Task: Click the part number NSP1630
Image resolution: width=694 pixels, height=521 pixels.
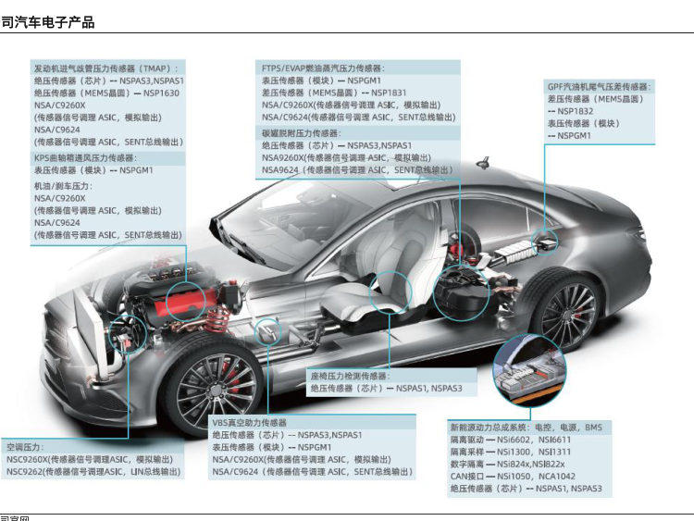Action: point(161,93)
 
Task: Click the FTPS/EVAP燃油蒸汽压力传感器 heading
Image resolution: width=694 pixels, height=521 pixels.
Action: point(322,68)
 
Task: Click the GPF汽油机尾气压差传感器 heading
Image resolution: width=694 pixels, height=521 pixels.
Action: point(599,86)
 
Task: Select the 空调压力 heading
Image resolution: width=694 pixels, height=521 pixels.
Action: point(27,446)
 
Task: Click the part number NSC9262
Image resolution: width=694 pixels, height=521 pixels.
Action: point(27,472)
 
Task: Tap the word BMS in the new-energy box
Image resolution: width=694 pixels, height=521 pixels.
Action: point(593,428)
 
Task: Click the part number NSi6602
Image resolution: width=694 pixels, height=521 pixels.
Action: point(516,440)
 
